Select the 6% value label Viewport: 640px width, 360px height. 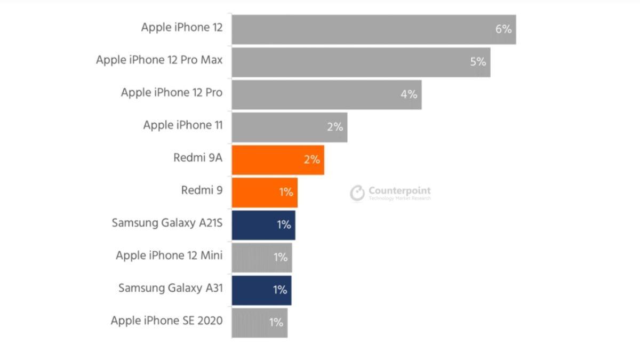(503, 29)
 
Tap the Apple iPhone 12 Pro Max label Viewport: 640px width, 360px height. (159, 60)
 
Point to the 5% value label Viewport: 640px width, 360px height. (478, 62)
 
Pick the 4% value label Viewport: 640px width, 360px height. (409, 94)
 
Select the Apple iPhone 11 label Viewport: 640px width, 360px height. (183, 125)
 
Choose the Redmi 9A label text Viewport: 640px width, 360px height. (198, 158)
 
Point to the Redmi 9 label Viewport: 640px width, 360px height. (202, 190)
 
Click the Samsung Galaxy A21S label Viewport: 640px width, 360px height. (167, 223)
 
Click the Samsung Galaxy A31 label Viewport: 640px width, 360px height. (170, 288)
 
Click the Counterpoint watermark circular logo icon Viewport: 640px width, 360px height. (357, 194)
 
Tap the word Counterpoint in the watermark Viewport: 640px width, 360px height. (399, 190)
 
